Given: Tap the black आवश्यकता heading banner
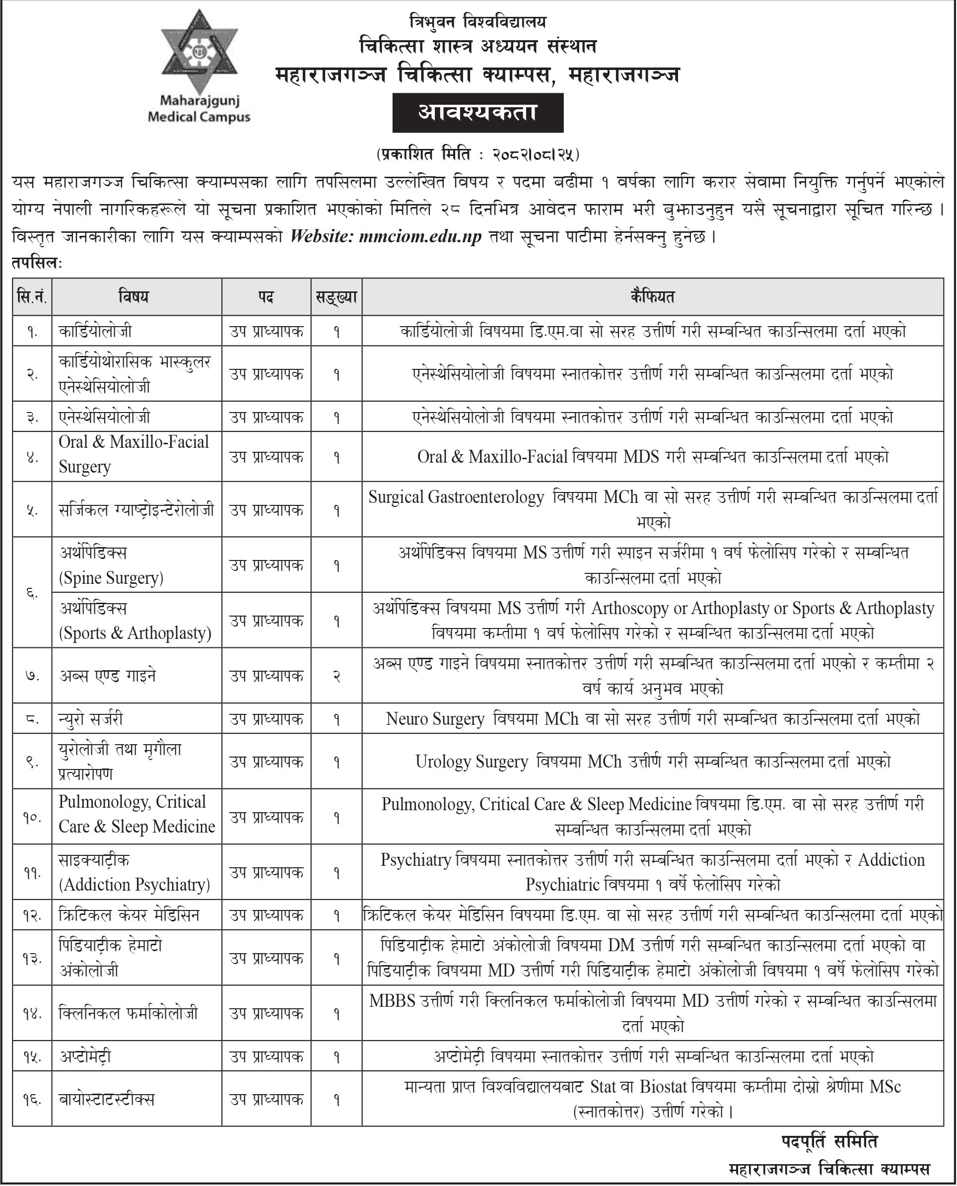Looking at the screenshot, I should tap(478, 113).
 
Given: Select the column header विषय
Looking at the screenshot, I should tap(134, 297).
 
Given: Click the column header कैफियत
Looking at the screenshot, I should tap(652, 297).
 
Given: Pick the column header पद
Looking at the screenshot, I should tap(266, 297).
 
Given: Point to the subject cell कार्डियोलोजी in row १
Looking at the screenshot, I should tap(95, 331).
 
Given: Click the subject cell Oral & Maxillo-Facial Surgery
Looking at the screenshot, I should tap(134, 454).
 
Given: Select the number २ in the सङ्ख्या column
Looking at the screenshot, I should tap(336, 676).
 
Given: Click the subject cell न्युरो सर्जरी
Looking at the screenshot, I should tap(91, 719).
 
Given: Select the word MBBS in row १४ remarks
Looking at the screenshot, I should tap(392, 1001).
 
